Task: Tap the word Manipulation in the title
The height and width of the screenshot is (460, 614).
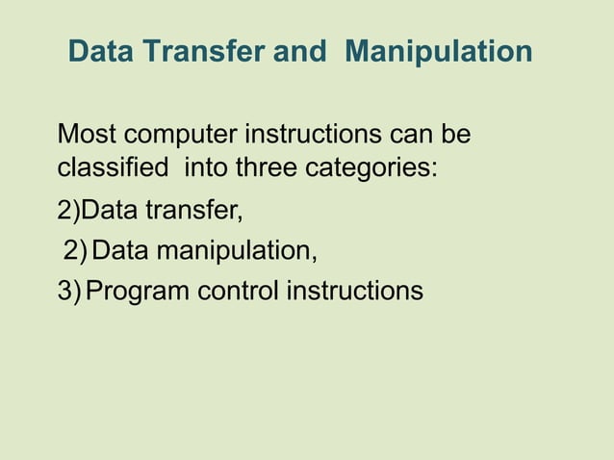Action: tap(438, 52)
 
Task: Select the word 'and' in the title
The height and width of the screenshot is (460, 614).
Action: tap(299, 52)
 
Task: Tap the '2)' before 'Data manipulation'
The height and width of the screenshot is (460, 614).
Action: tap(75, 251)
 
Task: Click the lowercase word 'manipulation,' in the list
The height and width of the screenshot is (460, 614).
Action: tap(238, 251)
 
